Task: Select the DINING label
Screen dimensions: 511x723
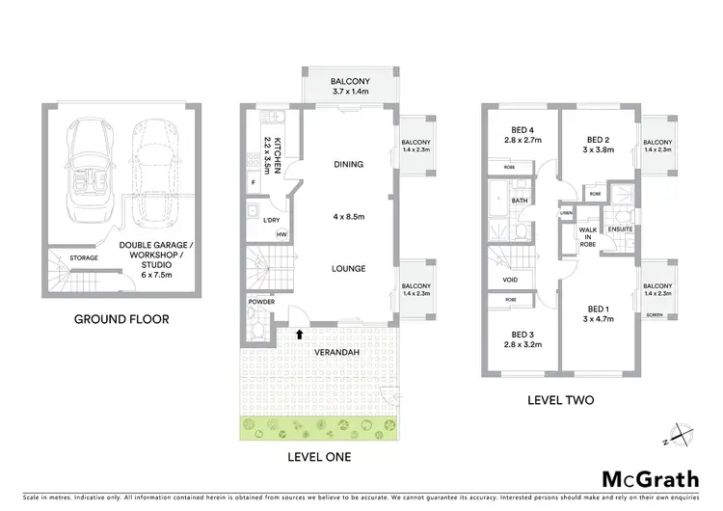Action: point(348,164)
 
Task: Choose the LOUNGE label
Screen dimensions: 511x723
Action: point(348,268)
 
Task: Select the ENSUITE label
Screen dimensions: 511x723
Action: point(620,229)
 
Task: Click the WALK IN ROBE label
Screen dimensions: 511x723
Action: point(587,237)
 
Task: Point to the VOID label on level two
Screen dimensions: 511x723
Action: point(510,281)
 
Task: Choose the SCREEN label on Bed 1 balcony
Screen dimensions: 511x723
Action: point(656,314)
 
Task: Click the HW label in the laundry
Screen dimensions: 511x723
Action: point(281,234)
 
